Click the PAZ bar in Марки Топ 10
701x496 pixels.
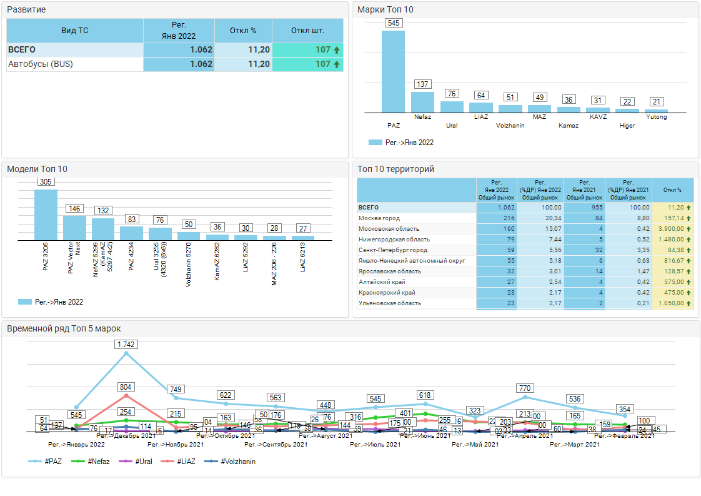(393, 71)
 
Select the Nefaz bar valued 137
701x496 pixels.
(422, 102)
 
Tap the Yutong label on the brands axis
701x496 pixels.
(656, 117)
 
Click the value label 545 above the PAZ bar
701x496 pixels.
(394, 23)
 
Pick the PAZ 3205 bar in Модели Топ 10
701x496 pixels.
(46, 215)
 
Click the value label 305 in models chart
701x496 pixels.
(46, 182)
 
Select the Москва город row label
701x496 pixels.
(379, 218)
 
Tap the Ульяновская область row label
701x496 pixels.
(390, 303)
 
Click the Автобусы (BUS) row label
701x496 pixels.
(36, 64)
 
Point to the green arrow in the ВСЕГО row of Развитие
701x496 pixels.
(337, 50)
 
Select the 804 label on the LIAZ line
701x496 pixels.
(126, 387)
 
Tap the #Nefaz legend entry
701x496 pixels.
(96, 462)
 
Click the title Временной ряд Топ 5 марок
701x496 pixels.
(64, 328)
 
